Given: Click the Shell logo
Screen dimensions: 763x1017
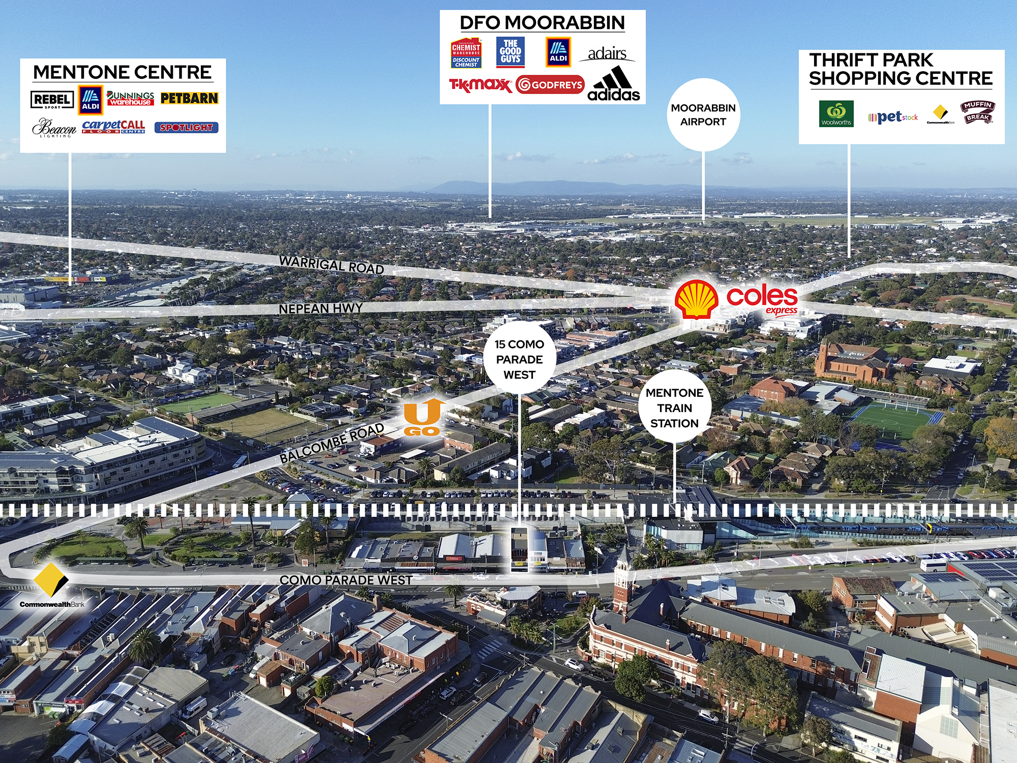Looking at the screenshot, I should (x=696, y=299).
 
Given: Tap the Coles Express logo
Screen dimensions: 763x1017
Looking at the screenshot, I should (x=762, y=300).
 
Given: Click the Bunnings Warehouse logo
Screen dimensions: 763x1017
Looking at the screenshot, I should (x=131, y=98).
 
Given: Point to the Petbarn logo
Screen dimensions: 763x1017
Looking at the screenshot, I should (x=189, y=98).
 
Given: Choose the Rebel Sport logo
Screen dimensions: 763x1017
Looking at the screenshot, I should (x=52, y=100).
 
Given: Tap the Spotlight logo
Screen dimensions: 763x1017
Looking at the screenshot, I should (x=186, y=127).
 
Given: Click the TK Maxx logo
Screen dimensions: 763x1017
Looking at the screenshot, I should (x=480, y=85).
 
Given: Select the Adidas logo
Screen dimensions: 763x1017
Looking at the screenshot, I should (x=614, y=84).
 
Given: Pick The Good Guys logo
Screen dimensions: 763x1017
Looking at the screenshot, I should (x=510, y=52).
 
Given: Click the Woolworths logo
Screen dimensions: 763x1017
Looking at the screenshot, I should (x=836, y=113).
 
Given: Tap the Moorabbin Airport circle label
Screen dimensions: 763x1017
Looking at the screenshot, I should (x=703, y=114).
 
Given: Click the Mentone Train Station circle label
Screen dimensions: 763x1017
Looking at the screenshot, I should (x=674, y=408).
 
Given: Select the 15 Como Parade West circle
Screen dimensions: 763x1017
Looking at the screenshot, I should (x=519, y=359).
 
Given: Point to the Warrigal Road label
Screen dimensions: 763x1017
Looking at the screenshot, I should (x=332, y=265).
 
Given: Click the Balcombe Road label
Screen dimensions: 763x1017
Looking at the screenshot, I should (x=332, y=443).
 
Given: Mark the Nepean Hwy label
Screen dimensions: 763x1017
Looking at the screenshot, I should (x=320, y=309).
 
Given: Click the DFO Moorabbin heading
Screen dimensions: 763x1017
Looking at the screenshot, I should (x=542, y=23).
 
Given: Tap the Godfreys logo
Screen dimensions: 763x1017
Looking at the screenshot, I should (x=550, y=85).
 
